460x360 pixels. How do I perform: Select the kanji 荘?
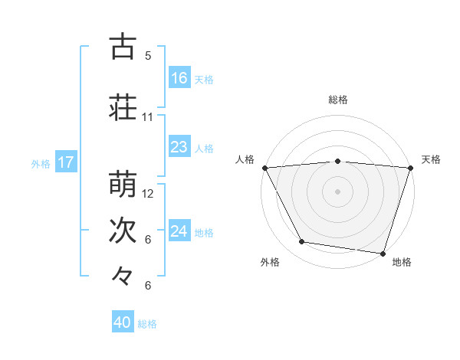[x=123, y=108]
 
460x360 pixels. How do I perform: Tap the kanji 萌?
[x=123, y=185]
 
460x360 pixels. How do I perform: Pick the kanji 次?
[x=123, y=231]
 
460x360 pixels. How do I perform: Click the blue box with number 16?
[x=179, y=78]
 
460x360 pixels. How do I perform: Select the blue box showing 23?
[x=179, y=147]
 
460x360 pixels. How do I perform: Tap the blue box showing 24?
[x=179, y=231]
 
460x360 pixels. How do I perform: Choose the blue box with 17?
[x=65, y=162]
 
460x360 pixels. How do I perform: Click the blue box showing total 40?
[x=123, y=322]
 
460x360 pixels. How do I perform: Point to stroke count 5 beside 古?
[x=148, y=56]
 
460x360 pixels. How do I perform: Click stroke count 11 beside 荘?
[x=148, y=117]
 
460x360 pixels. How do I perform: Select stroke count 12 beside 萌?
[x=149, y=194]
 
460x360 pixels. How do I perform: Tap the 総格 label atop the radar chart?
[x=338, y=100]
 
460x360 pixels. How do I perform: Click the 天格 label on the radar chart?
[x=431, y=159]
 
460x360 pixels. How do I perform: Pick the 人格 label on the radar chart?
[x=245, y=159]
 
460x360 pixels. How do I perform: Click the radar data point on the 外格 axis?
[x=302, y=242]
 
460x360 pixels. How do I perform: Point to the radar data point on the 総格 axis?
[x=338, y=161]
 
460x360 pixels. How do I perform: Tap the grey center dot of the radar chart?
[x=338, y=191]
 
